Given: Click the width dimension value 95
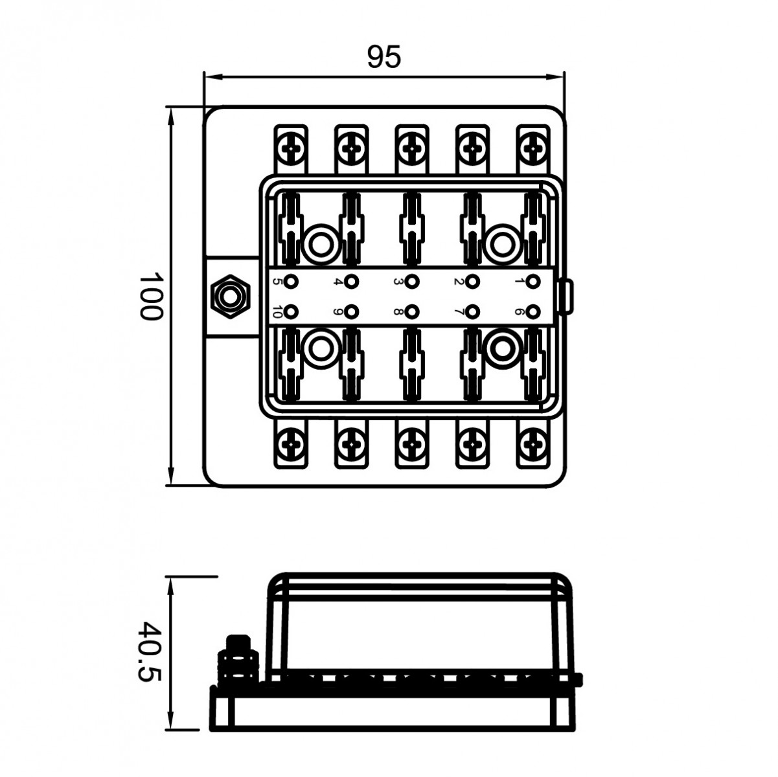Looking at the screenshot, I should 384,58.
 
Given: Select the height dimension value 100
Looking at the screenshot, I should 150,296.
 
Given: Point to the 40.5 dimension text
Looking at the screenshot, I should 150,661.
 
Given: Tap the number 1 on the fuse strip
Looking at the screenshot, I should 519,282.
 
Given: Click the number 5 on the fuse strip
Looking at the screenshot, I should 277,282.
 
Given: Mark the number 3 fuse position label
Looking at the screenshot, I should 398,282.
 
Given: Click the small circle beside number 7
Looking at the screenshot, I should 474,312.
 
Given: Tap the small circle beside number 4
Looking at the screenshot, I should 352,282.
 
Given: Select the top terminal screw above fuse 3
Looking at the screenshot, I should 412,148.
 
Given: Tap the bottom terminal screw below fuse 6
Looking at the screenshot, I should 532,444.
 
